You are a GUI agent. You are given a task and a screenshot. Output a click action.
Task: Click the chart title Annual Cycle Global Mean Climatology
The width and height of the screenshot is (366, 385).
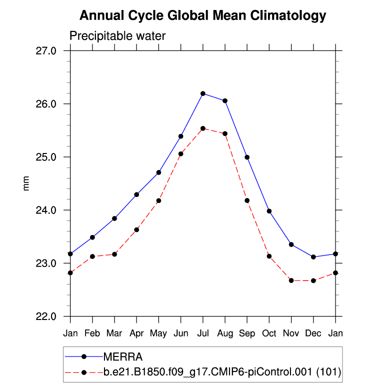(x=203, y=16)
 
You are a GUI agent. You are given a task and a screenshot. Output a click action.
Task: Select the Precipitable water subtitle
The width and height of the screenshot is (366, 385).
(x=117, y=36)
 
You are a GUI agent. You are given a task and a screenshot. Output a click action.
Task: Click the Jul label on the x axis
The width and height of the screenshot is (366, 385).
(x=203, y=332)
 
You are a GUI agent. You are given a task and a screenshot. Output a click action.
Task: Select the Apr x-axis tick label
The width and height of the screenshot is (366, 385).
(x=136, y=332)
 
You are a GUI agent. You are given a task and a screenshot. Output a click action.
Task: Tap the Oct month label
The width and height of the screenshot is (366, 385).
(x=269, y=332)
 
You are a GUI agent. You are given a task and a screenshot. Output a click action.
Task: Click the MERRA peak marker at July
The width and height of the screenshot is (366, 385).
(x=203, y=93)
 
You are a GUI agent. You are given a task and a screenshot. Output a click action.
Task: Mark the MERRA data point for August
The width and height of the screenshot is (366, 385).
(x=225, y=101)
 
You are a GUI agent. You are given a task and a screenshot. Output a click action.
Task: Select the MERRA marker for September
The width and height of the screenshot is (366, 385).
(x=247, y=157)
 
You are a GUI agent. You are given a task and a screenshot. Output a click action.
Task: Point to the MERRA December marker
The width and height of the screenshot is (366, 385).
(x=313, y=257)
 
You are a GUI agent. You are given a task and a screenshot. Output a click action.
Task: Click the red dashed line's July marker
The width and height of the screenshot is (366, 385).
(x=203, y=128)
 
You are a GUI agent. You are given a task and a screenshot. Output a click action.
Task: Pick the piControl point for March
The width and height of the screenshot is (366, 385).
(x=114, y=254)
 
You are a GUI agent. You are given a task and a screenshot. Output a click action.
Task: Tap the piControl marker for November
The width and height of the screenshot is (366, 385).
(x=291, y=280)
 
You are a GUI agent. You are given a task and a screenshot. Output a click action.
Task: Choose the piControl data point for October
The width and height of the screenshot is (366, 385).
(x=269, y=256)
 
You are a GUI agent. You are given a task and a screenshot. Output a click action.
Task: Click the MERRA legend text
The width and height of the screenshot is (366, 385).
(x=123, y=356)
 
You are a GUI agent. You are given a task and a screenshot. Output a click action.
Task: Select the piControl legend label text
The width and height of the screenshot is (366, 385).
(x=222, y=372)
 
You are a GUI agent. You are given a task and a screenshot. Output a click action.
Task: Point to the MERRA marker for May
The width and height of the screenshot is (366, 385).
(x=158, y=172)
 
